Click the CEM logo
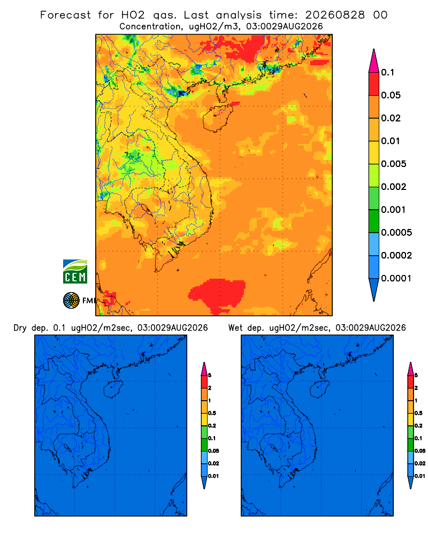pyautogui.click(x=75, y=271)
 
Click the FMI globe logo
pyautogui.click(x=71, y=300)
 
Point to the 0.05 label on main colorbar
pyautogui.click(x=391, y=95)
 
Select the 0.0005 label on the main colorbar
pyautogui.click(x=396, y=233)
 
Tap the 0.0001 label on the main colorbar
pyautogui.click(x=396, y=278)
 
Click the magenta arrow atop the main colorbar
pyautogui.click(x=374, y=60)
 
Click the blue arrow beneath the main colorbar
pyautogui.click(x=374, y=289)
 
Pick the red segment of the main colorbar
pyautogui.click(x=374, y=84)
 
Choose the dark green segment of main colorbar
pyautogui.click(x=374, y=221)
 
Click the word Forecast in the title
pyautogui.click(x=65, y=15)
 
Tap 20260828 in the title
pyautogui.click(x=335, y=15)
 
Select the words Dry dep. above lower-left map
pyautogui.click(x=30, y=328)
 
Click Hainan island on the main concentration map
pyautogui.click(x=217, y=118)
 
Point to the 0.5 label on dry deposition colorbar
pyautogui.click(x=212, y=413)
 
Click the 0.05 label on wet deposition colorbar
pyautogui.click(x=420, y=451)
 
